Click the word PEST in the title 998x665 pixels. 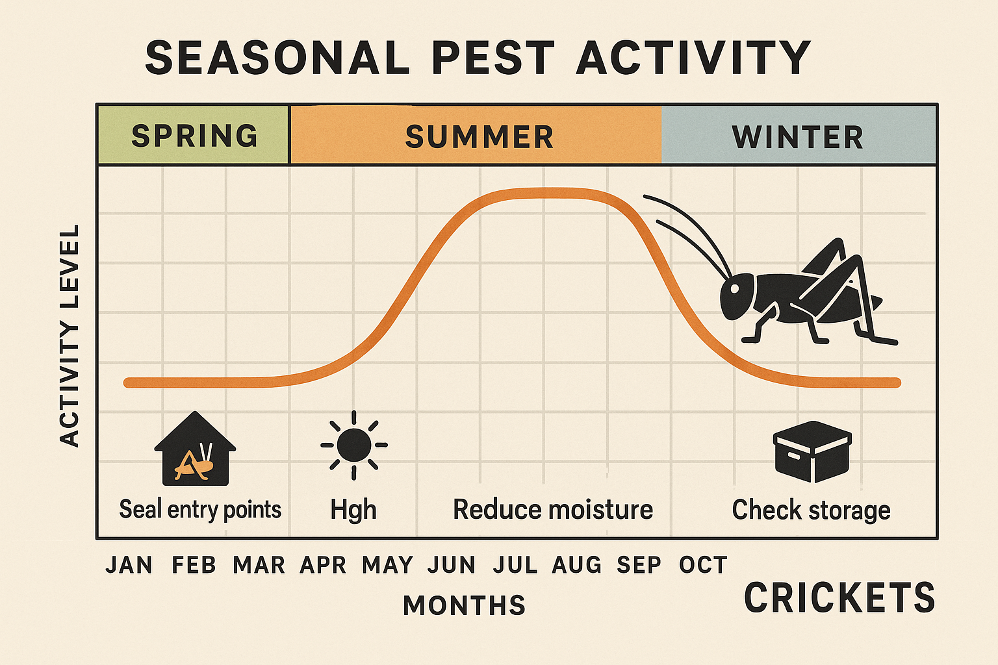(493, 58)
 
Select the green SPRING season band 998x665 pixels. (194, 135)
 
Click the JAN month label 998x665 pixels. (129, 565)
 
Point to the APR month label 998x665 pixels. (323, 565)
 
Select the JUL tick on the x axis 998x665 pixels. (515, 565)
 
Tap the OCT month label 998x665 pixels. (702, 565)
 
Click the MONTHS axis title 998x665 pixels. (464, 605)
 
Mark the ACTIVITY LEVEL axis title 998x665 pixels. (70, 336)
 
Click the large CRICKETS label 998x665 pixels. (839, 597)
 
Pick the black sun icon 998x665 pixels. (353, 445)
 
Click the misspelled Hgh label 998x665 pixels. (353, 510)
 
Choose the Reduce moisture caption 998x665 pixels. (552, 510)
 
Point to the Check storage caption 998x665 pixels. (811, 510)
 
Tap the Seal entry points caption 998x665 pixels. (200, 510)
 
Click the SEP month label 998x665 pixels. (638, 565)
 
